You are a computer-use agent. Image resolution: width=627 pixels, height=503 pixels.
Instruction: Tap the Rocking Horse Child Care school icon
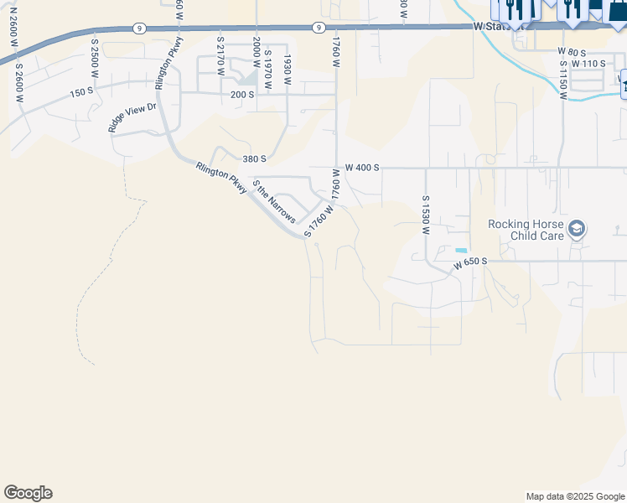[x=577, y=228]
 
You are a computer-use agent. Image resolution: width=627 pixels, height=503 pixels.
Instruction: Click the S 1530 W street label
[x=426, y=215]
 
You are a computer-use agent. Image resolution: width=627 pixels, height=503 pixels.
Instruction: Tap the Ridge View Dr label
[x=132, y=118]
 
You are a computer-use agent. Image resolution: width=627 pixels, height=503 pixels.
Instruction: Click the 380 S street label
[x=254, y=158]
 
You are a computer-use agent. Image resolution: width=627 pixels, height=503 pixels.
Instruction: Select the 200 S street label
[x=242, y=95]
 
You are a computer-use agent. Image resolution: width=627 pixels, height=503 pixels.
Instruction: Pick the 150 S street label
[x=82, y=92]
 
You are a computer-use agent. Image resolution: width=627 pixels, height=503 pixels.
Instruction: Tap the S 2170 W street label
[x=220, y=55]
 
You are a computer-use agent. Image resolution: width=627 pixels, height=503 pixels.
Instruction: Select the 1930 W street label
[x=287, y=66]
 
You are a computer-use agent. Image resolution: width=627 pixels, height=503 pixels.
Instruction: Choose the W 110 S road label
[x=588, y=64]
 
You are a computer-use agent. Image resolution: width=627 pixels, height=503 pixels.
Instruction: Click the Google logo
[x=28, y=493]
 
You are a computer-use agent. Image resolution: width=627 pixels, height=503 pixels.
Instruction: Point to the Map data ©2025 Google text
[x=574, y=496]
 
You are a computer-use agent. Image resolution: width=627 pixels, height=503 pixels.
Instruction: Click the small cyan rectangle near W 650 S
[x=461, y=251]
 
